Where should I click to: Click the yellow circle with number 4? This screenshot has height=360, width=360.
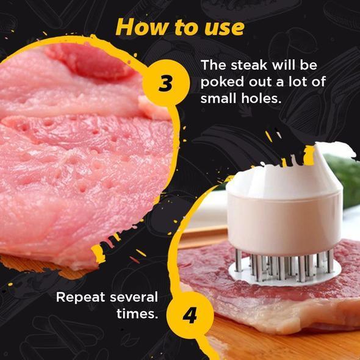[x=190, y=315]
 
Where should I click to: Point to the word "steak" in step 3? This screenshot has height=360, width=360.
[x=248, y=66]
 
